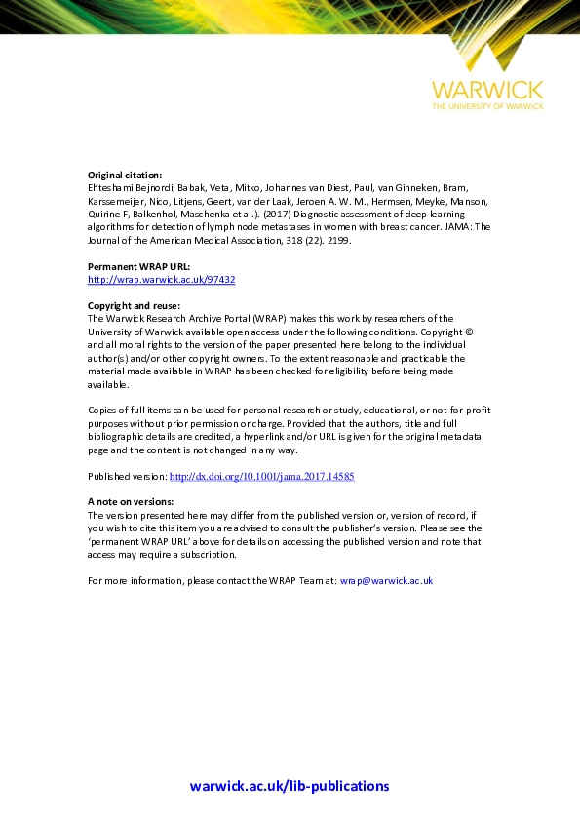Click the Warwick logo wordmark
[x=488, y=91]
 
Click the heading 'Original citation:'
[x=125, y=175]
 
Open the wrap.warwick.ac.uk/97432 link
[x=161, y=279]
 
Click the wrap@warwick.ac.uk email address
[x=386, y=580]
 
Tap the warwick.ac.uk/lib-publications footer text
[x=290, y=786]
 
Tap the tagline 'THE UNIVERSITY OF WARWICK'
[x=488, y=106]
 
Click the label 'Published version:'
[x=127, y=476]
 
